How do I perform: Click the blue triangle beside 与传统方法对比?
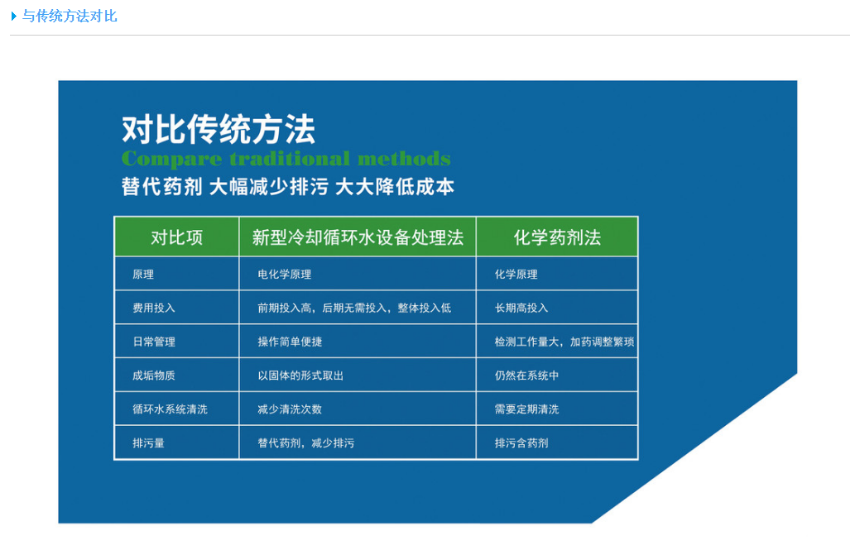(13, 17)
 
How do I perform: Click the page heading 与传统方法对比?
(70, 17)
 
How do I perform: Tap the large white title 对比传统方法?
(219, 129)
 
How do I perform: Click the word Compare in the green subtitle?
(171, 159)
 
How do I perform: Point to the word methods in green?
(404, 159)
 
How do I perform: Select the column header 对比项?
(176, 237)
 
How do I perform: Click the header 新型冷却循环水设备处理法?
(358, 237)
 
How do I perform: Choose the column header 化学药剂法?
(557, 237)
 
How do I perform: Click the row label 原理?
(143, 275)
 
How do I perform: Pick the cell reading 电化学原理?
(284, 275)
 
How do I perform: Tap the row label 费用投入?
(154, 308)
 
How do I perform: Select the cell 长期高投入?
(521, 308)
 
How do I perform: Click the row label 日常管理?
(154, 342)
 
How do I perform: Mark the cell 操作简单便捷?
(290, 342)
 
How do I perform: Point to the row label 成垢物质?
(154, 375)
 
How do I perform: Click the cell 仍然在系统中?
(526, 375)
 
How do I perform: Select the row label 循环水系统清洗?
(171, 409)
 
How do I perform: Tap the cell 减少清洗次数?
(290, 409)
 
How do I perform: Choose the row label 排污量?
(148, 443)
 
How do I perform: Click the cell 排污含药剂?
(521, 443)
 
